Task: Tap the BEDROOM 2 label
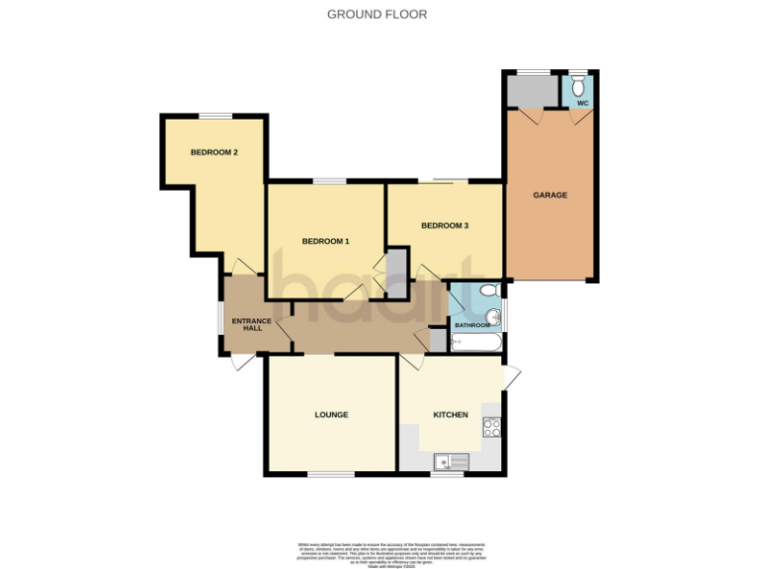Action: (213, 152)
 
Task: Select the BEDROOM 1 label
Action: (325, 241)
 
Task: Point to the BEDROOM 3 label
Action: (444, 225)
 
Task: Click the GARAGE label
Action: (550, 196)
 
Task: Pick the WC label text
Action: (582, 102)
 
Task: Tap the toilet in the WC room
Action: (578, 85)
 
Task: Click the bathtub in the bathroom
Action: (476, 343)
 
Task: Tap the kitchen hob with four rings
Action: (491, 427)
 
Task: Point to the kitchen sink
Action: (450, 461)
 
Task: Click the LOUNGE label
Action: (332, 415)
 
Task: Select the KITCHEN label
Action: (451, 415)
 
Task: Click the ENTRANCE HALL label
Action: (246, 324)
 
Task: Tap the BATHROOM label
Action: (472, 325)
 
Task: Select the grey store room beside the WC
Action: (532, 91)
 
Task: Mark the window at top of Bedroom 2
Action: (214, 117)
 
